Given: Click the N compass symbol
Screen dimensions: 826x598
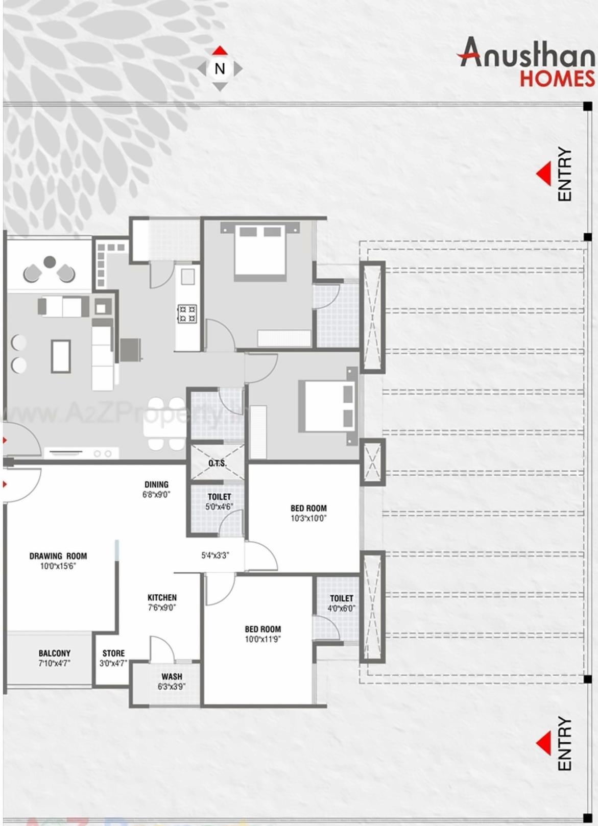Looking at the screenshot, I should click(x=220, y=68).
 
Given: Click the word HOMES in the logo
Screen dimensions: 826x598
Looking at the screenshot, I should click(x=557, y=79).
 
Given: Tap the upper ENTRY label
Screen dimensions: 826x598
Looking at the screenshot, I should click(x=564, y=174).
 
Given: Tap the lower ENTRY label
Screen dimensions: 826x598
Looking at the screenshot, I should click(x=564, y=744).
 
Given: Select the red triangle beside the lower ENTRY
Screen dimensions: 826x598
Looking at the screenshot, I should click(x=544, y=743).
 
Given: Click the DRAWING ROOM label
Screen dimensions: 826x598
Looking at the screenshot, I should click(x=58, y=556).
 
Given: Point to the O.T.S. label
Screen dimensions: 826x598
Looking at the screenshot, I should click(x=218, y=464).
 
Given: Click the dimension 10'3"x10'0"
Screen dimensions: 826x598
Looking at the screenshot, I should click(x=308, y=518).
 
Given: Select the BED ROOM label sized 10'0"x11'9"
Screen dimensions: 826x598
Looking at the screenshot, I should click(x=262, y=629).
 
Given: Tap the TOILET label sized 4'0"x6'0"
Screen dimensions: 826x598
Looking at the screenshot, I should click(x=341, y=598).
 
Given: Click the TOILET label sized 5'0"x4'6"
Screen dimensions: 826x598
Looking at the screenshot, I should click(x=219, y=497).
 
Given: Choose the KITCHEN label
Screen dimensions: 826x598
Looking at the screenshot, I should click(x=162, y=597).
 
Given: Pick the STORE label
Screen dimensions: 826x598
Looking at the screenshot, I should click(x=113, y=653).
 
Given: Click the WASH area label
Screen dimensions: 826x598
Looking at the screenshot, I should click(x=172, y=676).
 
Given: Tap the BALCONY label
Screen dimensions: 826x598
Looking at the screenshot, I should click(x=54, y=653).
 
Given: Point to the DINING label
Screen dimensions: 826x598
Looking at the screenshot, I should click(x=156, y=484).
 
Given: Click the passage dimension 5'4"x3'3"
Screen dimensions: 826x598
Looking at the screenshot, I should click(x=215, y=555).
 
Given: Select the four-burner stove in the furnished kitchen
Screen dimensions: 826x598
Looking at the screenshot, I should click(x=187, y=313).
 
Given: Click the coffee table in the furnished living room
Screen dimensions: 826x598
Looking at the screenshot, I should click(x=61, y=356).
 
